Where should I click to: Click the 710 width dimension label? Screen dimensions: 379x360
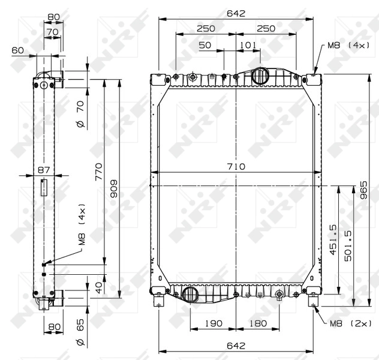(x=236, y=166)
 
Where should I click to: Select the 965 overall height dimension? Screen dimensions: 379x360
(x=363, y=190)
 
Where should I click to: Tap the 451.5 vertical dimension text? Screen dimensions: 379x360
(x=333, y=239)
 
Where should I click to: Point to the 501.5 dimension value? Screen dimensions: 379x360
(x=348, y=245)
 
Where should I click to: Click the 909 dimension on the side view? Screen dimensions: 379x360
(x=113, y=188)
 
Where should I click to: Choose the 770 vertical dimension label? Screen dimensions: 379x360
(x=98, y=172)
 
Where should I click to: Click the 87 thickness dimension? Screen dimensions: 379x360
(x=44, y=170)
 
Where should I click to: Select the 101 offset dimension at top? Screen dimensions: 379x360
(x=248, y=45)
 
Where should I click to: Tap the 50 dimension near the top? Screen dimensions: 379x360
(x=205, y=45)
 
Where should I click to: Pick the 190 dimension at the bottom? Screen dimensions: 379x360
(x=213, y=323)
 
